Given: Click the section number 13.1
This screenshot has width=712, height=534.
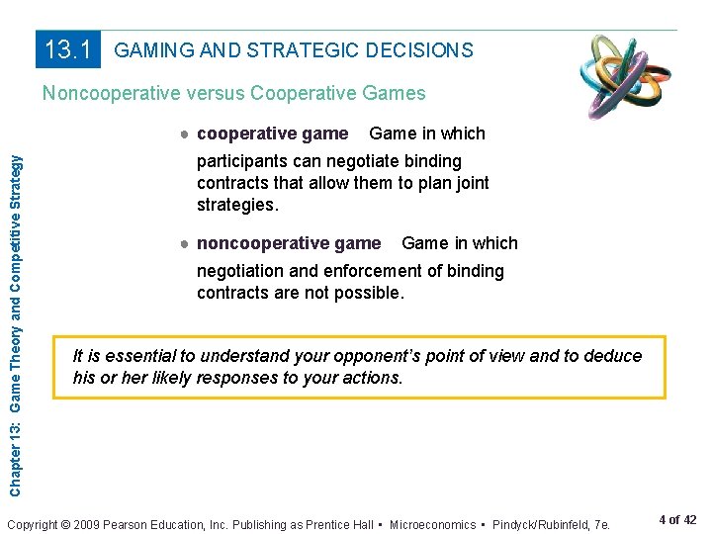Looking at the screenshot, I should pyautogui.click(x=69, y=49).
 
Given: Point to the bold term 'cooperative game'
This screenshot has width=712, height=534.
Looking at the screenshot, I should pyautogui.click(x=273, y=133).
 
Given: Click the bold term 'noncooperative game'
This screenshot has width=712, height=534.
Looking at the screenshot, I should pyautogui.click(x=289, y=243).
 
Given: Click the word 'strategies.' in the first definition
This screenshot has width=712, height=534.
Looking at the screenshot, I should pyautogui.click(x=238, y=205).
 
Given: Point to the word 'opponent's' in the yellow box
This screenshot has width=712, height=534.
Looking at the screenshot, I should pyautogui.click(x=382, y=356).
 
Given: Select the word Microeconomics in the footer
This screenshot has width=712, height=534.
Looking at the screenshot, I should pyautogui.click(x=440, y=523).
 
